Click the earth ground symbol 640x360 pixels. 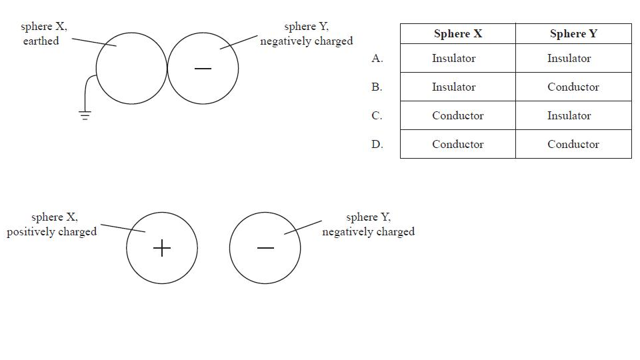[85, 115]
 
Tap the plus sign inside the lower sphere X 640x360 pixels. [162, 249]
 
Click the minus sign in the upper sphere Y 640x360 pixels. [203, 69]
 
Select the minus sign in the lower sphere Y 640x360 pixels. [265, 249]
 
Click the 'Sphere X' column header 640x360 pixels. [457, 34]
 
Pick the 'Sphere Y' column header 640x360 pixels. [573, 34]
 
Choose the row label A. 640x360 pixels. [377, 59]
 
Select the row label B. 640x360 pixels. [377, 87]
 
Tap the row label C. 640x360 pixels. [377, 116]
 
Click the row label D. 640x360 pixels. [377, 145]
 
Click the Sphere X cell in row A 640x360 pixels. [454, 59]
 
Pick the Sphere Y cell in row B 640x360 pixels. [573, 87]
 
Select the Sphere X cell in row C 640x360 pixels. [458, 116]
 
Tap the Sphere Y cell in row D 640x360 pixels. [573, 145]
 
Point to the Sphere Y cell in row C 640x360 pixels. [569, 116]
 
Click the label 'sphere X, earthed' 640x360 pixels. [43, 34]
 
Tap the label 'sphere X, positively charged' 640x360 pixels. [53, 225]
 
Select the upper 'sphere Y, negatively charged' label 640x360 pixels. [307, 34]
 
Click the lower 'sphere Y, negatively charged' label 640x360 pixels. [369, 225]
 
